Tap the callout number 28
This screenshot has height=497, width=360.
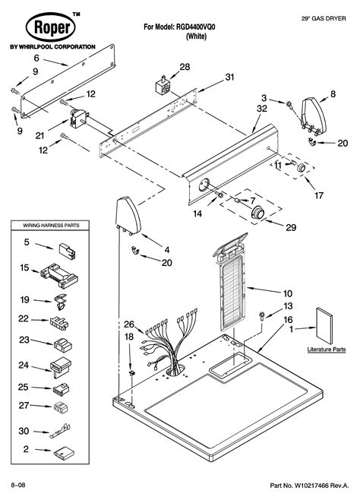click(x=185, y=69)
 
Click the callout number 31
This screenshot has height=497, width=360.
click(x=230, y=78)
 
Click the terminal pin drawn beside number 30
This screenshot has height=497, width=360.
click(x=63, y=430)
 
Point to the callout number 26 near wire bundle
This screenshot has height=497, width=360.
click(x=129, y=324)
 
